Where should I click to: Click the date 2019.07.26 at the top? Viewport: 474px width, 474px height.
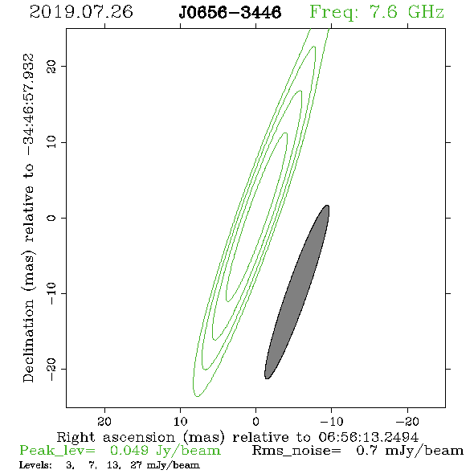point(81,12)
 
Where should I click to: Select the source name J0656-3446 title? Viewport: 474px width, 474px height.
point(230,12)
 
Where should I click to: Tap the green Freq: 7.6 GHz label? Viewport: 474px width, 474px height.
point(377,13)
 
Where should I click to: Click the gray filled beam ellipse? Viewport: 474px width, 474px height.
point(296,292)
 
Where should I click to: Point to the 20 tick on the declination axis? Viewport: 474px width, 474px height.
point(51,66)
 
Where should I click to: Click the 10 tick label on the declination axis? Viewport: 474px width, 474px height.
point(51,142)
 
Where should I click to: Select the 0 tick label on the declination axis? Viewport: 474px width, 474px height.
point(51,218)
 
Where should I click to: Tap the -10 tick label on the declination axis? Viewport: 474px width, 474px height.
point(51,293)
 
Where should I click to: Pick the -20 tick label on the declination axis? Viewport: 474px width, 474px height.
point(51,369)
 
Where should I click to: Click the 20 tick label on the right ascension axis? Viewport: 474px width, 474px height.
point(104,422)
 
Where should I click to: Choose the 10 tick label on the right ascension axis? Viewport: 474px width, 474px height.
point(181,422)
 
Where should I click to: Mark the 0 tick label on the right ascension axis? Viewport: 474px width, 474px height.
point(256,422)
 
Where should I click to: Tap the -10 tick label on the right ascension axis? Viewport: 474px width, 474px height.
point(332,422)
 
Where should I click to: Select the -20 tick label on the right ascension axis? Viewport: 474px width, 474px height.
point(407,422)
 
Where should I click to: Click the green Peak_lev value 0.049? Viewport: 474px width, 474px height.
point(129,451)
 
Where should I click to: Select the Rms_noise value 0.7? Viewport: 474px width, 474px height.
point(366,451)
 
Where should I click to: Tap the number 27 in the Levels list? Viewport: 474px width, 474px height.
point(137,465)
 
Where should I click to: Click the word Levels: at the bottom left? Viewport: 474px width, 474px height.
point(35,465)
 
